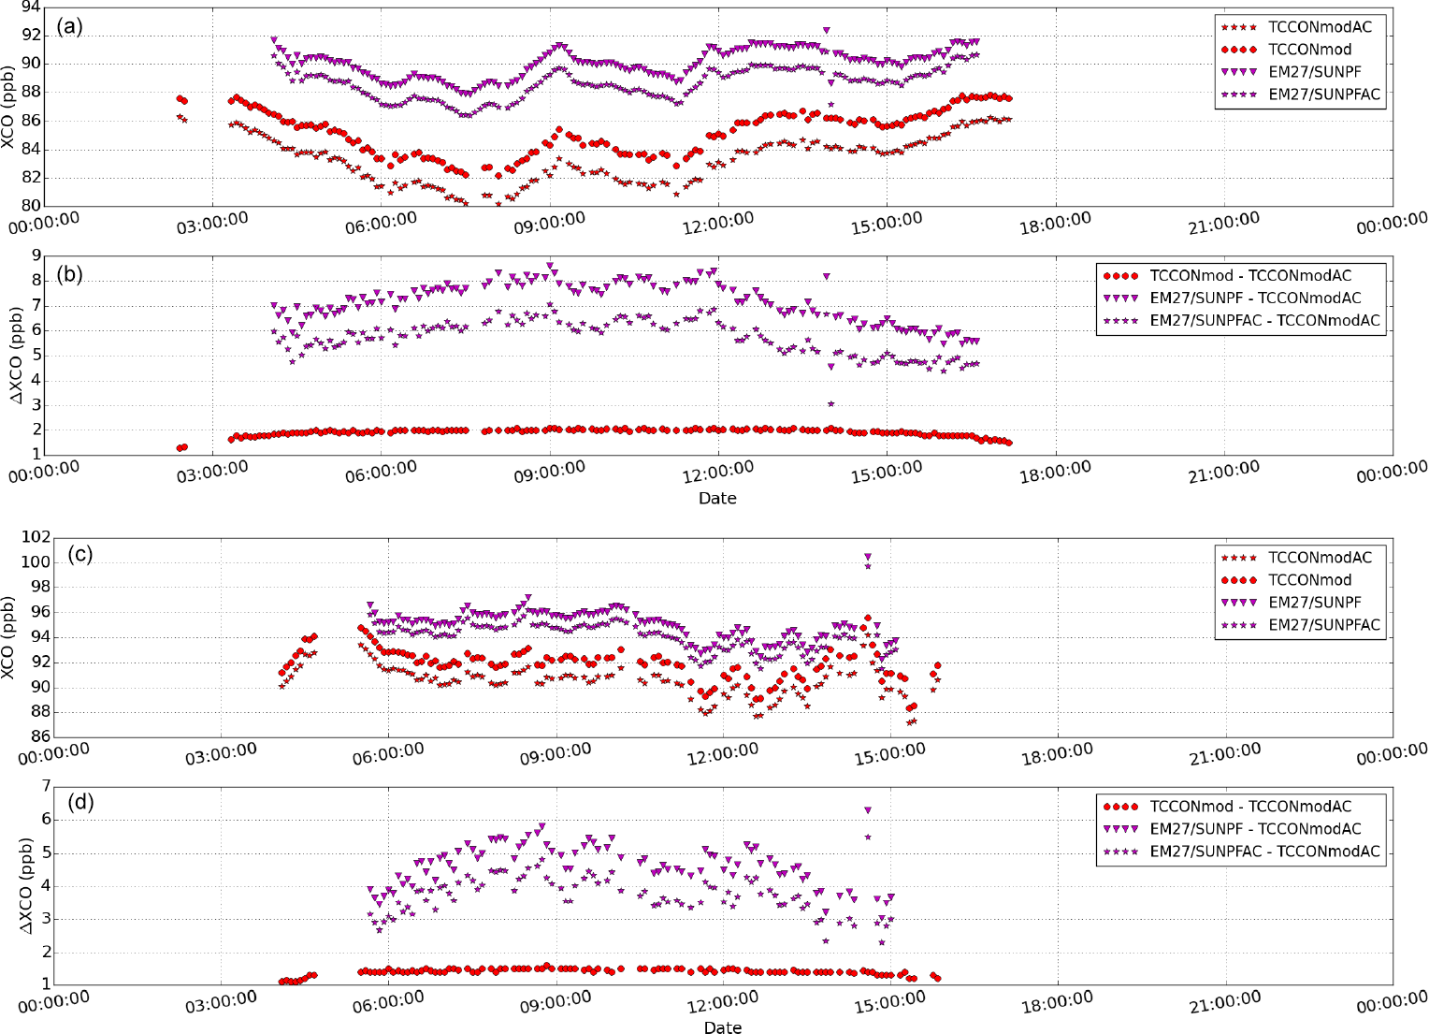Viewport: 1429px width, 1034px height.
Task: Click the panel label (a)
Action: click(69, 26)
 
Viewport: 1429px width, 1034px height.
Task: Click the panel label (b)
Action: click(69, 274)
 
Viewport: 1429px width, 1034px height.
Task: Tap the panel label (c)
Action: click(79, 554)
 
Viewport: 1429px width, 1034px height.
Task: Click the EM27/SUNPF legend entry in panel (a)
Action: click(1314, 72)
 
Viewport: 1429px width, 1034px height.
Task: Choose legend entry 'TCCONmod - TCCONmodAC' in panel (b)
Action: click(1250, 276)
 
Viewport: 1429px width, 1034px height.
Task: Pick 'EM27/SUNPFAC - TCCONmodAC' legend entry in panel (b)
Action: click(1264, 321)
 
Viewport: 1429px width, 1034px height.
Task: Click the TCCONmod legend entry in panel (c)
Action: click(1309, 580)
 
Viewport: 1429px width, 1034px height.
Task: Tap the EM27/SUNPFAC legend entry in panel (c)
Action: click(1323, 625)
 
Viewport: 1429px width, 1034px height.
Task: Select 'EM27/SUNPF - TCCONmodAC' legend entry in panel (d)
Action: click(1255, 829)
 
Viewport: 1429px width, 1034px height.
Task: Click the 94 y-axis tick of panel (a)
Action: click(30, 8)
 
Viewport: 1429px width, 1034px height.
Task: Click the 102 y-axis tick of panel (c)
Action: click(36, 537)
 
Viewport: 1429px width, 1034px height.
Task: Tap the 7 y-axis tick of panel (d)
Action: click(42, 786)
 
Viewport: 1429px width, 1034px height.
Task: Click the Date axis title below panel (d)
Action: click(722, 1027)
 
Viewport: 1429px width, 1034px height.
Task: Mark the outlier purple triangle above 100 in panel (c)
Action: click(868, 558)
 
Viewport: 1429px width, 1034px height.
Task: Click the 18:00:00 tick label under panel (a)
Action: click(1054, 227)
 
